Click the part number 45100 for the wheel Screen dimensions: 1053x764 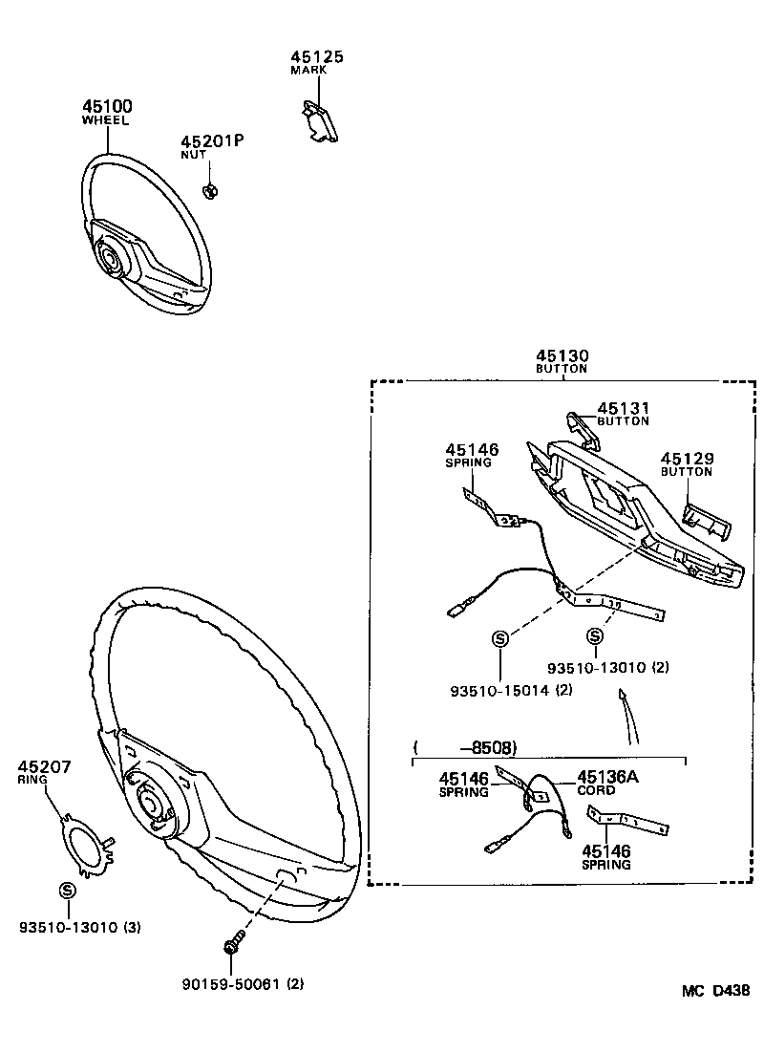[x=107, y=107]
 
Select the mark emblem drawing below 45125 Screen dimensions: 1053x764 [x=316, y=122]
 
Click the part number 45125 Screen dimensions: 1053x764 [x=317, y=57]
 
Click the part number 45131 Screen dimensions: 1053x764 [x=623, y=408]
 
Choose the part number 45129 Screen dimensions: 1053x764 [x=687, y=460]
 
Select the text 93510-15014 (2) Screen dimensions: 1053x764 [x=512, y=690]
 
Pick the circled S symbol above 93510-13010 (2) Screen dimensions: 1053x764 [x=595, y=637]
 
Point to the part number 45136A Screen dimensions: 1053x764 [x=607, y=777]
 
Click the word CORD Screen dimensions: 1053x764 [x=596, y=790]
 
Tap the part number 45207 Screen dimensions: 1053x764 [x=44, y=766]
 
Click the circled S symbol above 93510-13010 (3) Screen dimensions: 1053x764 [x=67, y=890]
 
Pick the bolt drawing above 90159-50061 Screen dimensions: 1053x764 [x=231, y=945]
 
